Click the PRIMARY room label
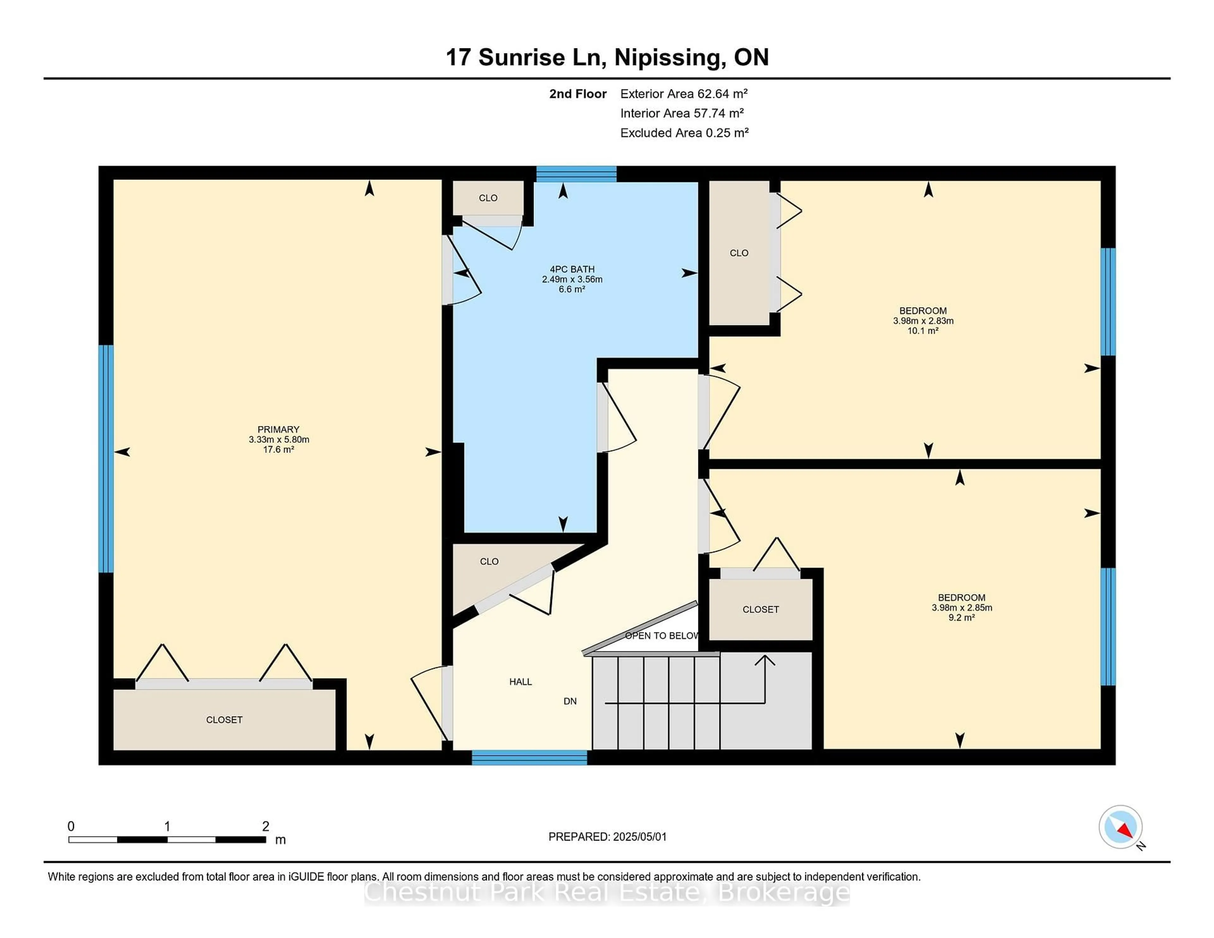click(279, 429)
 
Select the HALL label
click(521, 682)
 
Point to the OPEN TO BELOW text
click(661, 636)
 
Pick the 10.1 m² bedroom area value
click(923, 331)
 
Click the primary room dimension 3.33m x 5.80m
click(279, 440)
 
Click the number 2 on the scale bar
click(266, 826)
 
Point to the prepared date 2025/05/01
click(640, 837)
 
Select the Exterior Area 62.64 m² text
click(684, 94)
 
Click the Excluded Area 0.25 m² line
click(685, 133)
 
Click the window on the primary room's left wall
click(106, 459)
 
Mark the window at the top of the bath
click(576, 174)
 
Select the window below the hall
click(530, 758)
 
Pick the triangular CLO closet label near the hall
click(489, 562)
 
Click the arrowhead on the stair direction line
click(765, 660)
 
